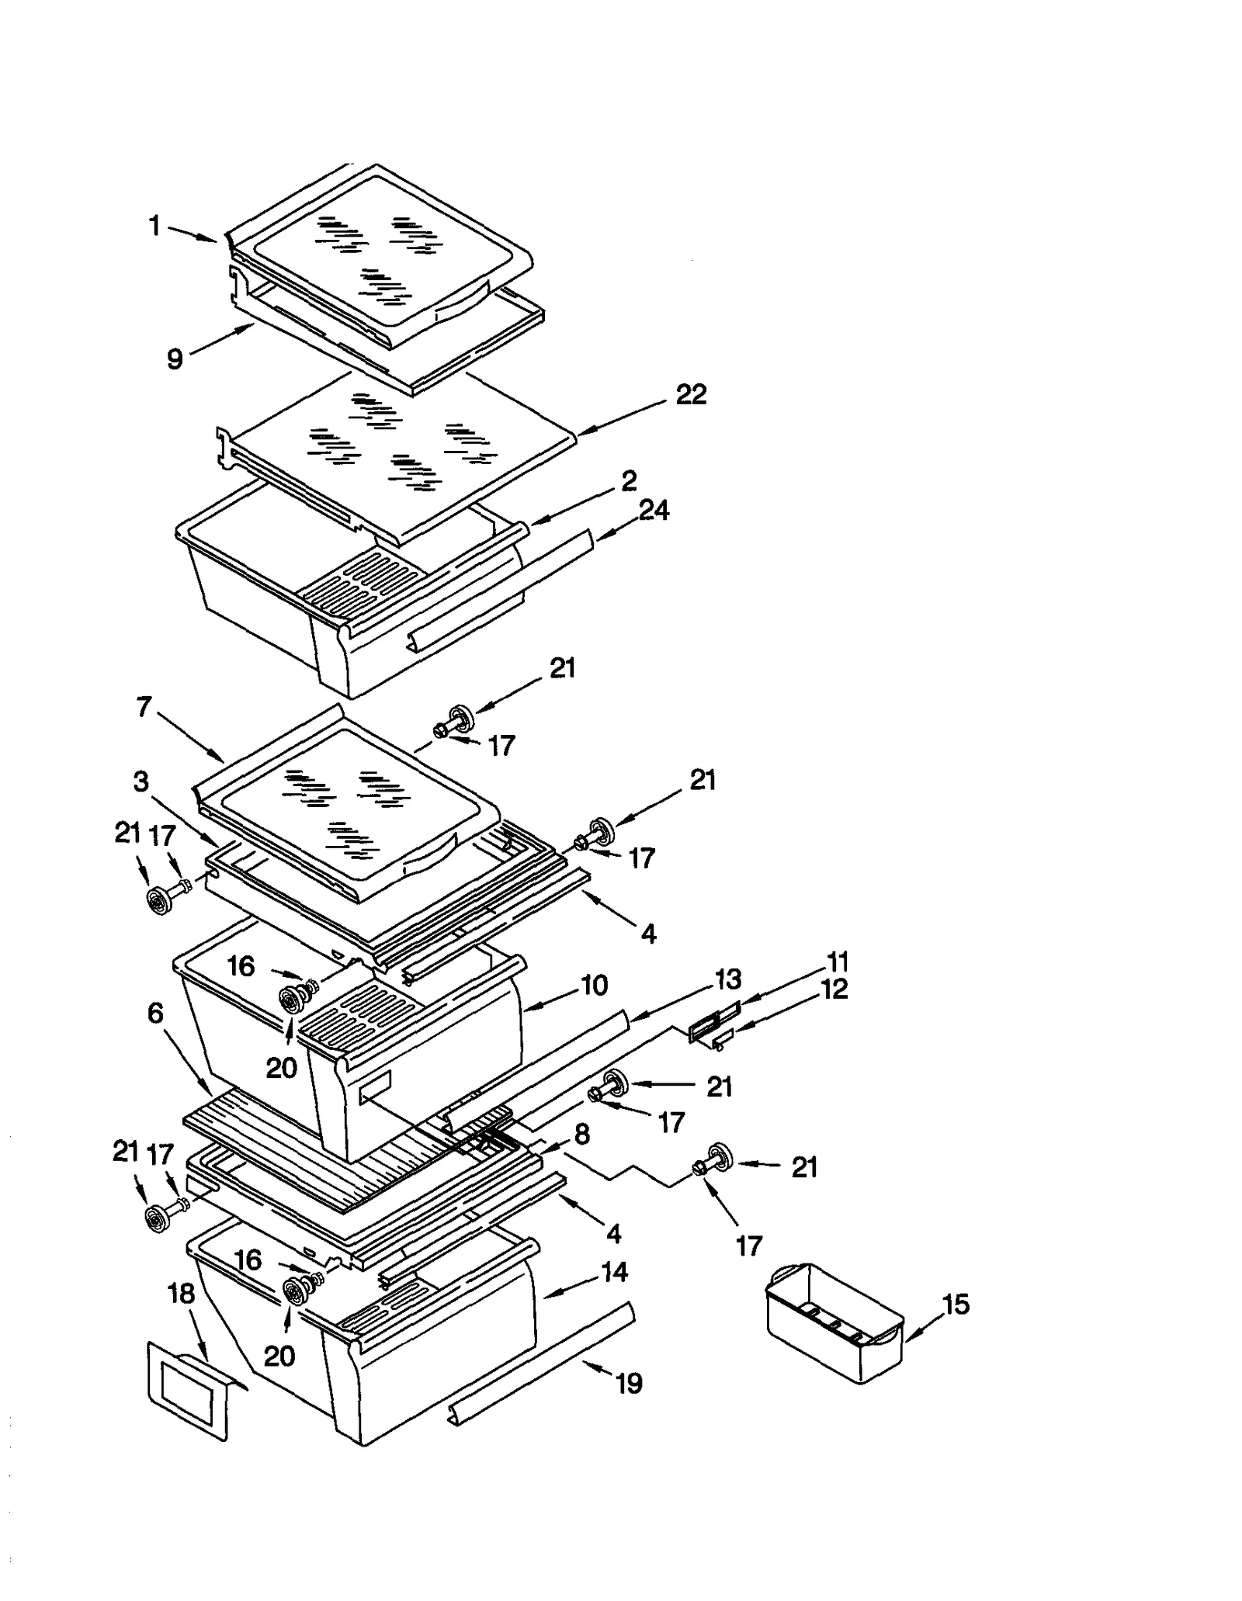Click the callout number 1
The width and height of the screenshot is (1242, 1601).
coord(154,226)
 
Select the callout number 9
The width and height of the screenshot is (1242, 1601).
coord(175,359)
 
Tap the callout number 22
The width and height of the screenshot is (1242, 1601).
coord(691,394)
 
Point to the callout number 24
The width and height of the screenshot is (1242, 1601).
coord(654,510)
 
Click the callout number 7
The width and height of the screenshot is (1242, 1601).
coord(144,707)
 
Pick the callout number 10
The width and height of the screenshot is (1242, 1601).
coord(594,986)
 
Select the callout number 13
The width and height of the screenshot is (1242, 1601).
coord(728,979)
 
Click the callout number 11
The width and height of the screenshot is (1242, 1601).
coord(838,962)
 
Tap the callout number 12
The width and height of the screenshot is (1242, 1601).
coord(834,989)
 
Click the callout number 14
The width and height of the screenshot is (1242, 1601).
coord(614,1272)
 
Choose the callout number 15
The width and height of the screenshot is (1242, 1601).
coord(956,1305)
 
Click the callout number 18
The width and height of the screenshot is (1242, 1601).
coord(181,1294)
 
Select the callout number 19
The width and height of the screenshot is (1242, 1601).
coord(629,1382)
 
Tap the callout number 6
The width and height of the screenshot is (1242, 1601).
coord(155,1013)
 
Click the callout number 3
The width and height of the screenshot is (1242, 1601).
coord(141,781)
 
